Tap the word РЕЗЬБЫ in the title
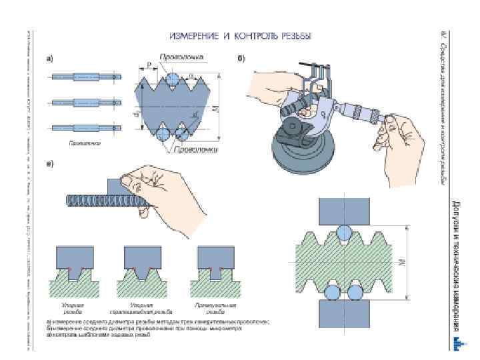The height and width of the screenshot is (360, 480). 295,35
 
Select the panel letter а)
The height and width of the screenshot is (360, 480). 50,59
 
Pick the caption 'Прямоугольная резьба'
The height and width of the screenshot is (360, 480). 215,307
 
